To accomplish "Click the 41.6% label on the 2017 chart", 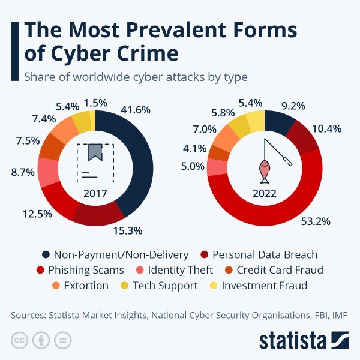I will pyautogui.click(x=135, y=110).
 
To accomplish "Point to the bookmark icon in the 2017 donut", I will pyautogui.click(x=95, y=152).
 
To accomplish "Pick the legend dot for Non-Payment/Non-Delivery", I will pyautogui.click(x=44, y=254).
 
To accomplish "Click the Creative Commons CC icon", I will pyautogui.click(x=20, y=341).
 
